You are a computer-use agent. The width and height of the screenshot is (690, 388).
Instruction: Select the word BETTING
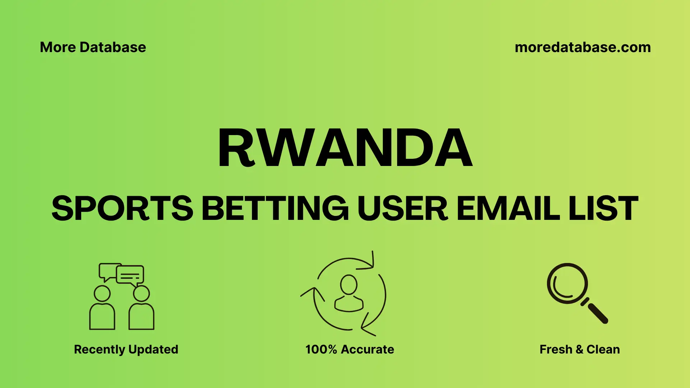(275, 208)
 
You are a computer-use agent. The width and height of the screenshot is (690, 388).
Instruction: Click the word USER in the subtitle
(402, 208)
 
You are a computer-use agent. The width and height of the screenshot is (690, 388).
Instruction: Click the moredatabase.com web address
(583, 47)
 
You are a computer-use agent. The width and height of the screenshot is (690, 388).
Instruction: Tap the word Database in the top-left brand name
(113, 47)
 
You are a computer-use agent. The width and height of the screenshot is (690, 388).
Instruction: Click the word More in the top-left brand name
(57, 47)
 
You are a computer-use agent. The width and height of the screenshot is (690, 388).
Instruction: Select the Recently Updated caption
(126, 349)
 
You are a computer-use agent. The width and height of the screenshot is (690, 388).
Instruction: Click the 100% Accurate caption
(350, 349)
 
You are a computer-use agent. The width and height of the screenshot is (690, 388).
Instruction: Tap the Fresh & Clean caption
(580, 349)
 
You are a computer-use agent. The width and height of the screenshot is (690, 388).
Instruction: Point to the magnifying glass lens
(567, 284)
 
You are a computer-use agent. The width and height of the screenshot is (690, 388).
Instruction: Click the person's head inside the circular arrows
(349, 285)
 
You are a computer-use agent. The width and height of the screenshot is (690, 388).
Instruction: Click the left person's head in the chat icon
(102, 294)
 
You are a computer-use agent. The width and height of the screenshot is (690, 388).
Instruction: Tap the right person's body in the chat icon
(141, 317)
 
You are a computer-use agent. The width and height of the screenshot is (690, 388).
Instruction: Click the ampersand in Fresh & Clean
(579, 349)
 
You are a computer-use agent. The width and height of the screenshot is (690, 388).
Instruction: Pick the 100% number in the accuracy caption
(321, 349)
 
